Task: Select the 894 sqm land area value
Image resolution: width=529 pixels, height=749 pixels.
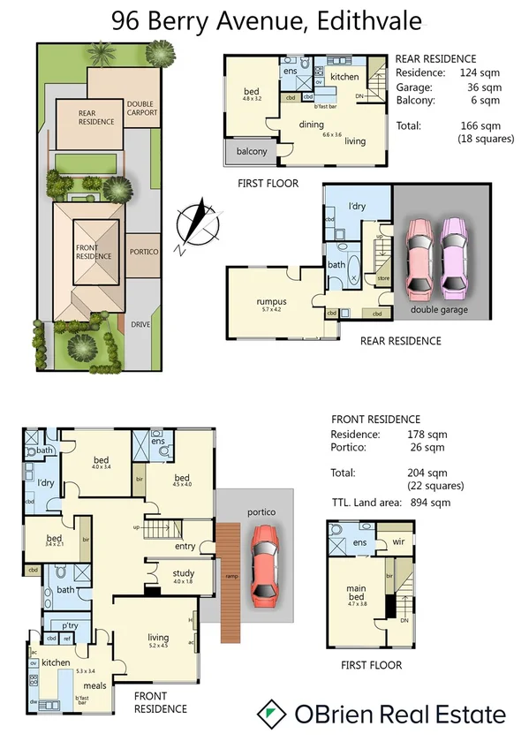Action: click(431, 503)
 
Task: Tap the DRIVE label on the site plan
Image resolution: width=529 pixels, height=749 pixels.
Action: click(141, 325)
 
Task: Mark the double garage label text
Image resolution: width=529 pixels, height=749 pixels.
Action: click(438, 310)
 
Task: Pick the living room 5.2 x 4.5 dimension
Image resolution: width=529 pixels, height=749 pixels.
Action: click(158, 646)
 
